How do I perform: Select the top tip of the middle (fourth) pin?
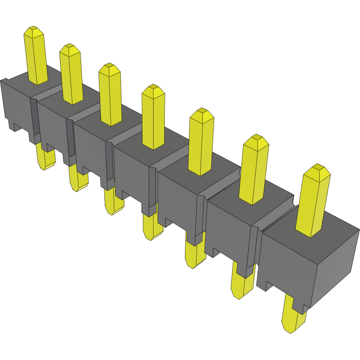[x=153, y=89]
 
